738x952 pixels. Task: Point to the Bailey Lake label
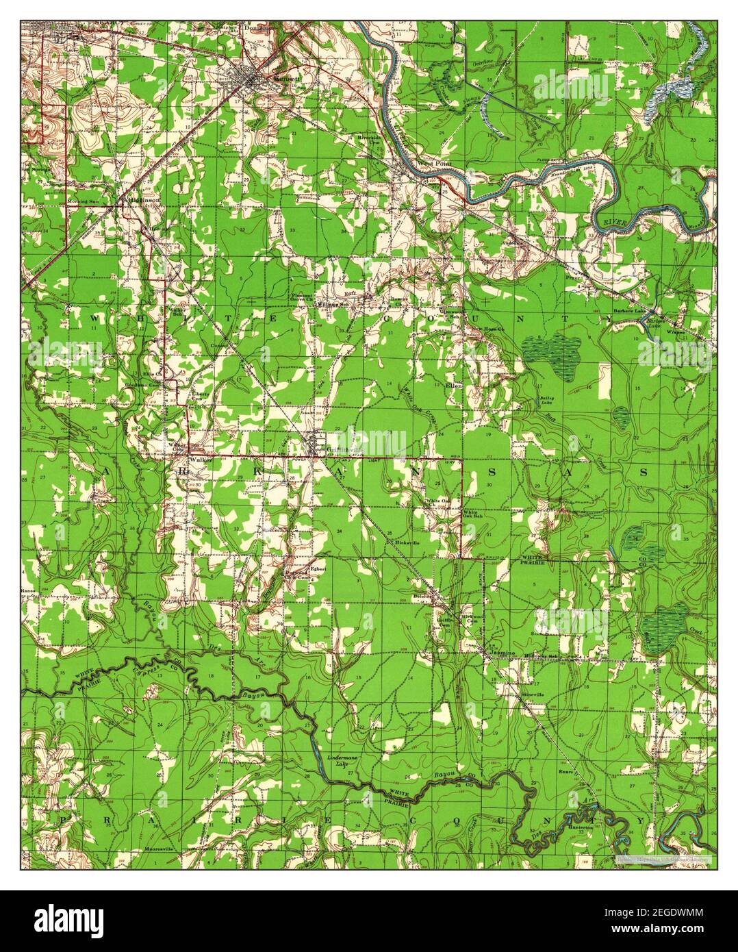[547, 401]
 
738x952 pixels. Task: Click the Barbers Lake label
[629, 310]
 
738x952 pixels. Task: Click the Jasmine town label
[502, 654]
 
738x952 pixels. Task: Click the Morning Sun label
[82, 201]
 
